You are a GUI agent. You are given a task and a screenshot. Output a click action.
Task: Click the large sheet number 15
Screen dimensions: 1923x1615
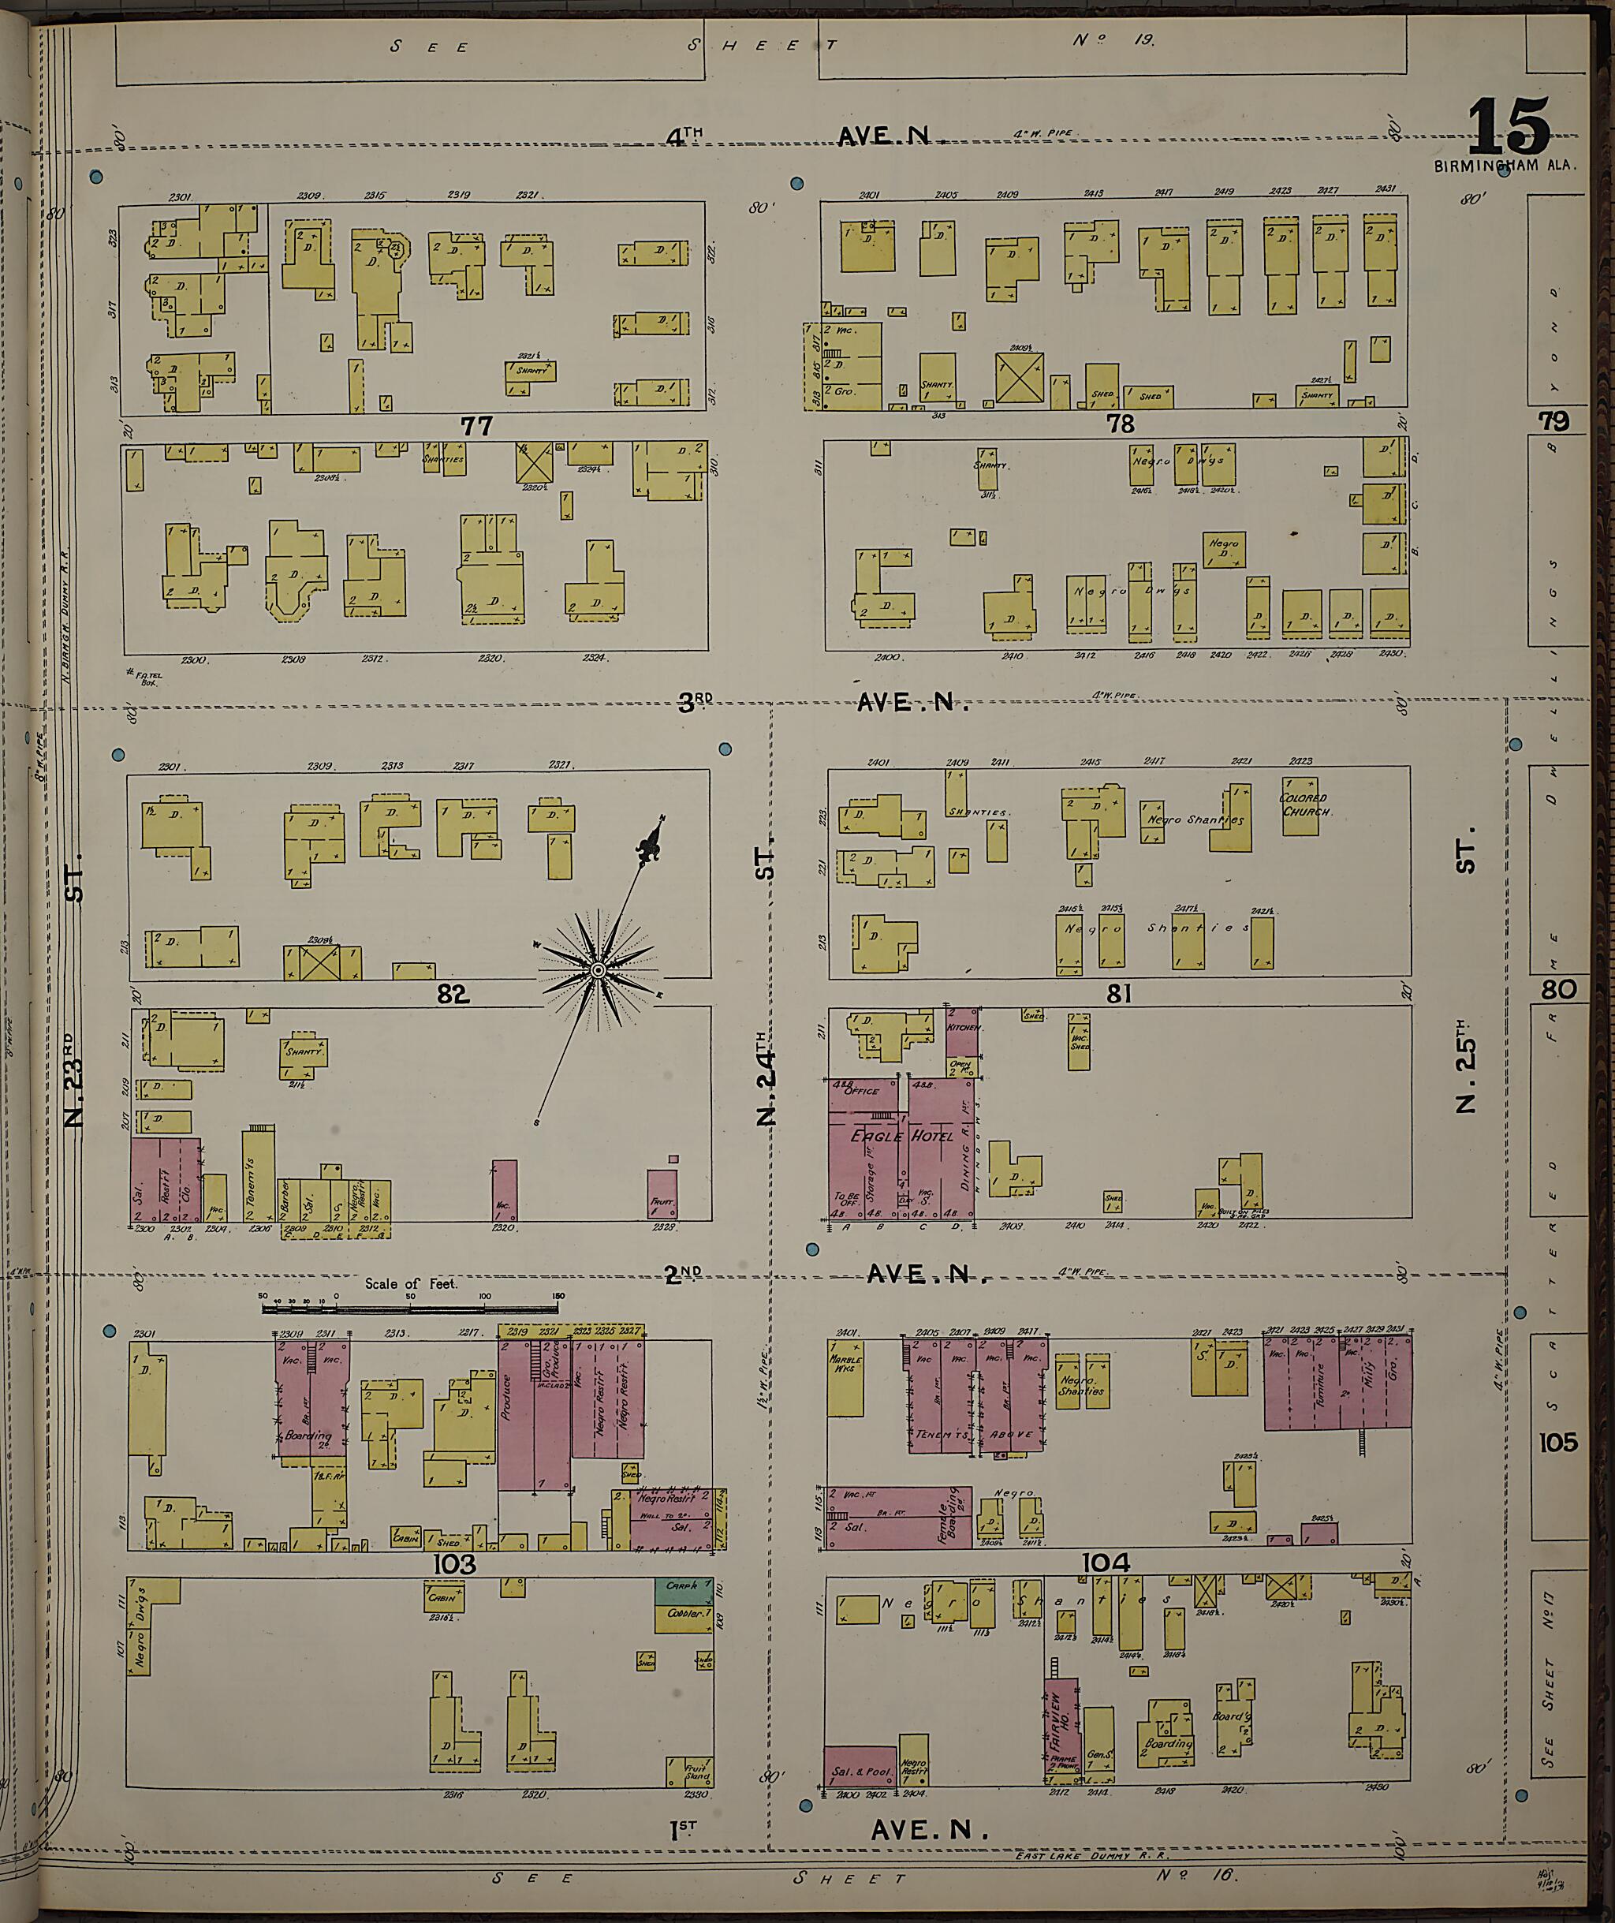pos(1509,129)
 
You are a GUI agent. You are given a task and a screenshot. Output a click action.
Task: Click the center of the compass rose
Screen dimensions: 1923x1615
pos(598,969)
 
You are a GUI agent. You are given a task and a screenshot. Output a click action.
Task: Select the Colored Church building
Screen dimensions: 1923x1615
pos(1301,806)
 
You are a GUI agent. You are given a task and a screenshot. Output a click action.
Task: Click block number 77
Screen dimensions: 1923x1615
pos(477,426)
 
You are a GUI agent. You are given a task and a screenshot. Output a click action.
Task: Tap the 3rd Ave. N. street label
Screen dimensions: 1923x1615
pos(824,702)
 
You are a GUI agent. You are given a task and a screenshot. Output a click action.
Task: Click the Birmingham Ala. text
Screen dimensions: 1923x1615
pos(1506,166)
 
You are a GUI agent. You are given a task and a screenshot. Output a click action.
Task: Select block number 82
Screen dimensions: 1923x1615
pos(453,994)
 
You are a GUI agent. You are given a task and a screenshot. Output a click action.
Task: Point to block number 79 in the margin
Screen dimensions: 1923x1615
pos(1553,421)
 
